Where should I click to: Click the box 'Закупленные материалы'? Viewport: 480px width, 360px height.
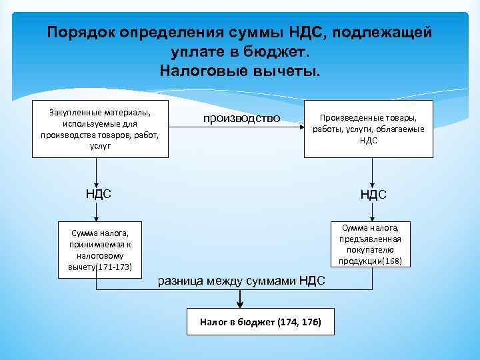[101, 129]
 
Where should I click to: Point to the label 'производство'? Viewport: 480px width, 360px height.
[238, 119]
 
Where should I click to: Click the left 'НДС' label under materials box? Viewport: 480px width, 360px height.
[98, 194]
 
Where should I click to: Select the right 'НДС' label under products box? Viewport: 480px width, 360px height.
[373, 195]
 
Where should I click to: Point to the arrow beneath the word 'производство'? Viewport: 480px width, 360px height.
[238, 129]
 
